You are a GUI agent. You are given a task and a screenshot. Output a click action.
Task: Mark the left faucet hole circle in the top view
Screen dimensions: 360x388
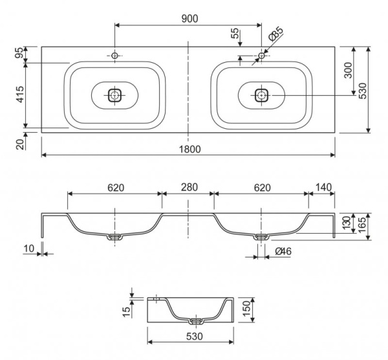pos(114,56)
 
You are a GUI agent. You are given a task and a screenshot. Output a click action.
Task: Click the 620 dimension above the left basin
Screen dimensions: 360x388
pos(115,188)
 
